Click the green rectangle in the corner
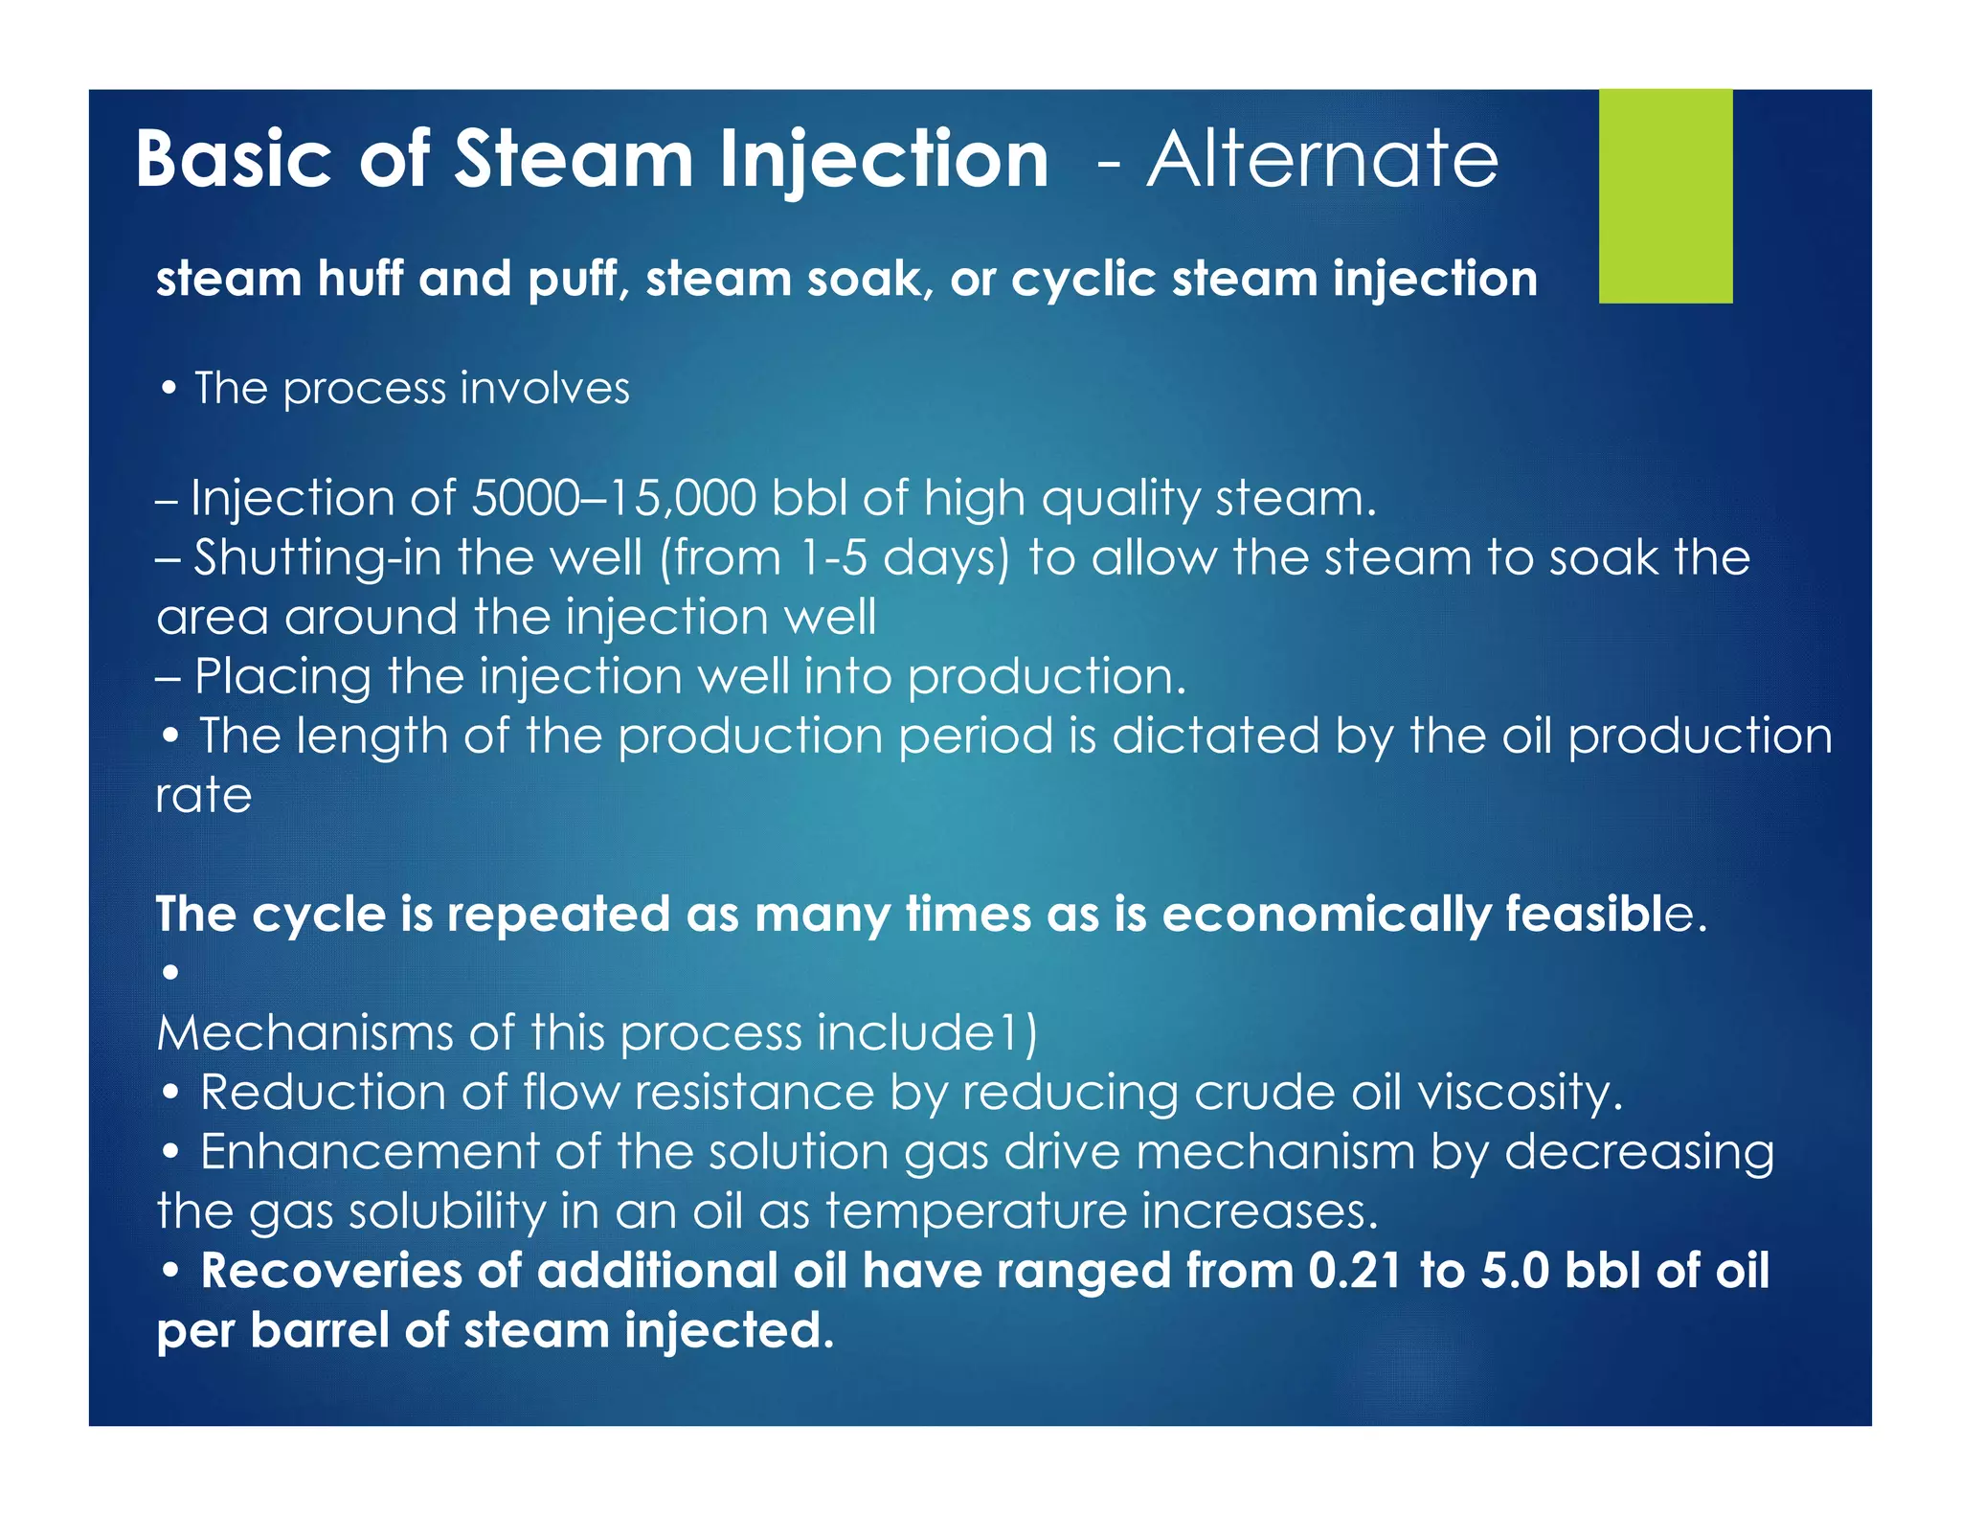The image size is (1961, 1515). (1665, 196)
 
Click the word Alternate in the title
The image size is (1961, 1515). (1322, 159)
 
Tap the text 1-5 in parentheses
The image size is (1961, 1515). (831, 558)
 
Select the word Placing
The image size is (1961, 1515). (282, 677)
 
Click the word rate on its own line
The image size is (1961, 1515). (204, 796)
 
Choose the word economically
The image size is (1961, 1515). (1326, 915)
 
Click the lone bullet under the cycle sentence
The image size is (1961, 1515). (170, 973)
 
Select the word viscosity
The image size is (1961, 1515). (1520, 1093)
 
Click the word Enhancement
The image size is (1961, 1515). (370, 1151)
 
